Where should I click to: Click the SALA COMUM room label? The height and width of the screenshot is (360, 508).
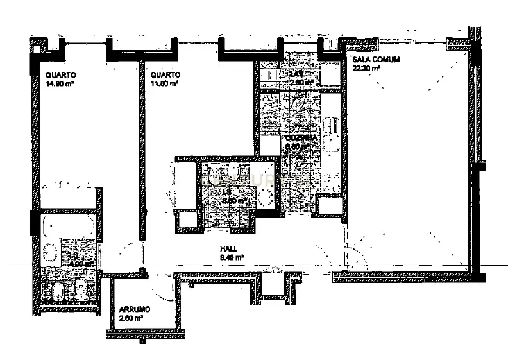pyautogui.click(x=377, y=60)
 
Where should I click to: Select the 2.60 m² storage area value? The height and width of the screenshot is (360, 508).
pyautogui.click(x=131, y=317)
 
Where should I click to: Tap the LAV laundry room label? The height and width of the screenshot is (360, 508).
pyautogui.click(x=296, y=74)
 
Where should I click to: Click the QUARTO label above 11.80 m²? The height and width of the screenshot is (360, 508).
pyautogui.click(x=158, y=74)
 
